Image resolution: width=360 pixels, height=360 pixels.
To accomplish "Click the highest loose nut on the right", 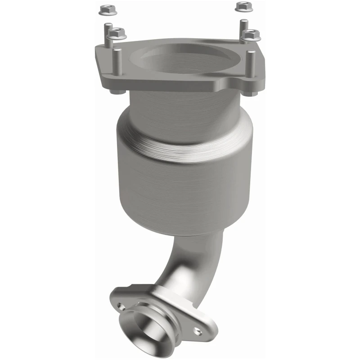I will point(243,6).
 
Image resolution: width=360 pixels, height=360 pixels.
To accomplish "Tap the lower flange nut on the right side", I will point(251,34).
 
